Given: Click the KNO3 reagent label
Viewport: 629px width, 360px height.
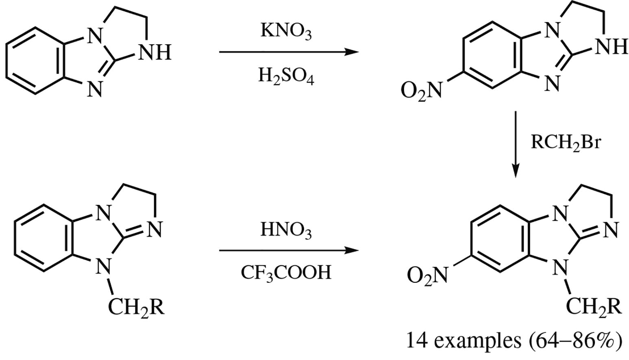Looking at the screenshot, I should pyautogui.click(x=286, y=31).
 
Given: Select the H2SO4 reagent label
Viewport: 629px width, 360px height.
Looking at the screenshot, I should pyautogui.click(x=286, y=76).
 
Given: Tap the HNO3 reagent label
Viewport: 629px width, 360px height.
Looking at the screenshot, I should pyautogui.click(x=286, y=230).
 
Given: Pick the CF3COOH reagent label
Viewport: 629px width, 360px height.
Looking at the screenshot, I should pyautogui.click(x=286, y=272).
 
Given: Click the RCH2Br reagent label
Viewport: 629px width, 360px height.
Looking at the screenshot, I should pyautogui.click(x=566, y=143).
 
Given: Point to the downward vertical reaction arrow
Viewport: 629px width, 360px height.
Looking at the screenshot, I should pyautogui.click(x=516, y=144).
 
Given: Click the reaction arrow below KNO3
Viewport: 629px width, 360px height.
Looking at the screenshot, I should pyautogui.click(x=289, y=52).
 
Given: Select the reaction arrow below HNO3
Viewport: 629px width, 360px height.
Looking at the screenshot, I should pyautogui.click(x=289, y=250).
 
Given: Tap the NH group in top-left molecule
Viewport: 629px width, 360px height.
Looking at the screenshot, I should pyautogui.click(x=155, y=53).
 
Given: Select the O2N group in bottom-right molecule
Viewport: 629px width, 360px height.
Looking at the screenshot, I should pyautogui.click(x=427, y=275).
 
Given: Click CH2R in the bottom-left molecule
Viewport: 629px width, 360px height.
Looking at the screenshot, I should pyautogui.click(x=136, y=308).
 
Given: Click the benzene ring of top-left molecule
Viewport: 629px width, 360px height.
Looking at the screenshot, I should pyautogui.click(x=35, y=61).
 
